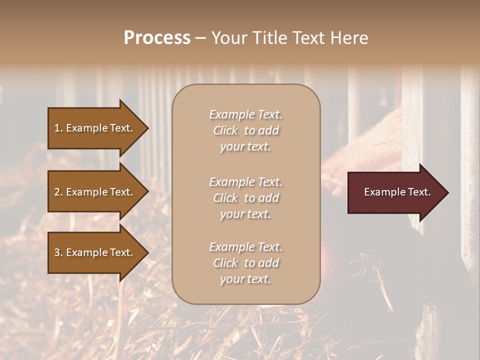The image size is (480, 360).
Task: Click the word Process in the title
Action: coord(157,38)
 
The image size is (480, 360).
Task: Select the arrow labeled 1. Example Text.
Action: coord(95,128)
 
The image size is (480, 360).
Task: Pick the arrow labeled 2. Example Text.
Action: coord(95,192)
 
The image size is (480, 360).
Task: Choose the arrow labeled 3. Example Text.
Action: coord(95,252)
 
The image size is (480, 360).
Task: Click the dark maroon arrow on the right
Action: coord(395,192)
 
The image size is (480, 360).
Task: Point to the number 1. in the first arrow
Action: coord(58,128)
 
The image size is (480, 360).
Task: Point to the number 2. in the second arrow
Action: coord(58,192)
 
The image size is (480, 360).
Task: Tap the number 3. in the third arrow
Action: coord(58,253)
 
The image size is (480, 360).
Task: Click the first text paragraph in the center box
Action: coord(245,130)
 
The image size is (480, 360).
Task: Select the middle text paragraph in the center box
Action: coord(245,198)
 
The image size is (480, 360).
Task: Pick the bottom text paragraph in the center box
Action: coord(245,263)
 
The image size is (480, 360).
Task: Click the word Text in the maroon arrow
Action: coord(419,192)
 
